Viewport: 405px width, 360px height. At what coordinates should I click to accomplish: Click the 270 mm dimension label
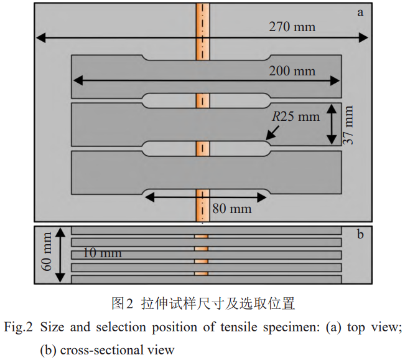pos(292,27)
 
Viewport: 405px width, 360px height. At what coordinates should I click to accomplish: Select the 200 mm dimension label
pos(292,70)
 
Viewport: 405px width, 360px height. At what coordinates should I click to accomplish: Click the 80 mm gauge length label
pos(232,209)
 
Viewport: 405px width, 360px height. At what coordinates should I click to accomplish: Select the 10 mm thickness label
pos(102,253)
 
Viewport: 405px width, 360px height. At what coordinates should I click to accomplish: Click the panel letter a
pos(360,12)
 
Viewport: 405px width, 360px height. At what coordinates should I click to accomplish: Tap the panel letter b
pos(360,235)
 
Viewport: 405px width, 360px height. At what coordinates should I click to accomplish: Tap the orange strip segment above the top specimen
pos(203,31)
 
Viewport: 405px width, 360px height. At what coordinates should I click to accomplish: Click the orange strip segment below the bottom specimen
pos(203,205)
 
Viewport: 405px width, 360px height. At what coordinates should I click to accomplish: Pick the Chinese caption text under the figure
pos(203,303)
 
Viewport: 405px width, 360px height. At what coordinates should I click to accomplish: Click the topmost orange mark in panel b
pos(201,236)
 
